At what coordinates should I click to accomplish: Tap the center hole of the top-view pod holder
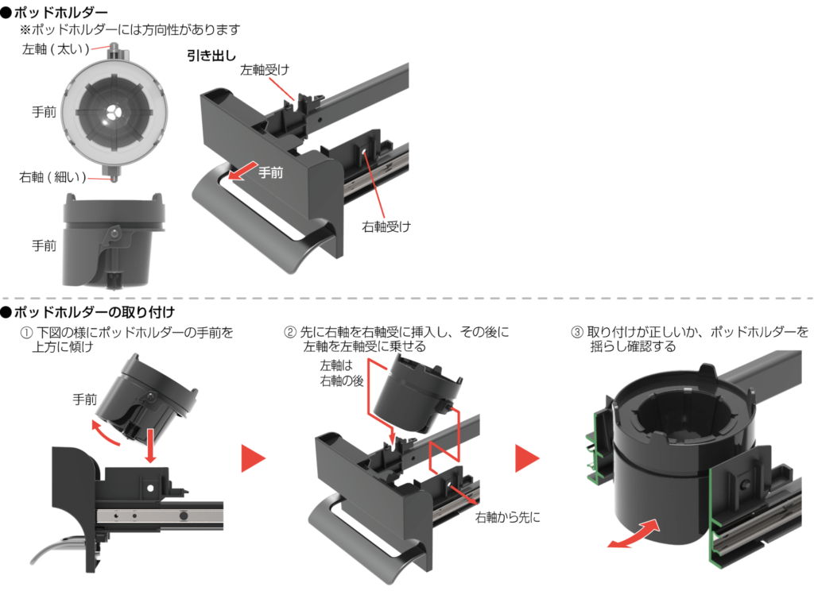112,113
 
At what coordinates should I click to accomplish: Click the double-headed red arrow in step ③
633,534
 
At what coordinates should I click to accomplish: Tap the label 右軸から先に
507,517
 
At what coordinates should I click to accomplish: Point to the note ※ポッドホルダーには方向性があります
130,29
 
